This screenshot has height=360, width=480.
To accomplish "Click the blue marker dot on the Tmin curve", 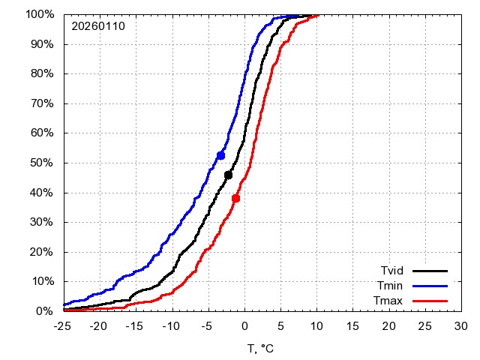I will (x=221, y=155).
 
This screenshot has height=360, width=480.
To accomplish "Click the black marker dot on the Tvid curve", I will (x=229, y=175).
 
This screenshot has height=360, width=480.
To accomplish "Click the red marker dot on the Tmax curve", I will (x=235, y=199).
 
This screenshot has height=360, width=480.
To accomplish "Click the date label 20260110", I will (x=98, y=26).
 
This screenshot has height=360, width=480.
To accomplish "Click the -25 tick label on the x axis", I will (x=64, y=326).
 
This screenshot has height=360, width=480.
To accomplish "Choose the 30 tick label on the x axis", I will (x=461, y=326).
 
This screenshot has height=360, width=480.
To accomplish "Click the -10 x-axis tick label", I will (x=172, y=326).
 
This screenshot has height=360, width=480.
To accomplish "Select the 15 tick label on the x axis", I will (x=353, y=326).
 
